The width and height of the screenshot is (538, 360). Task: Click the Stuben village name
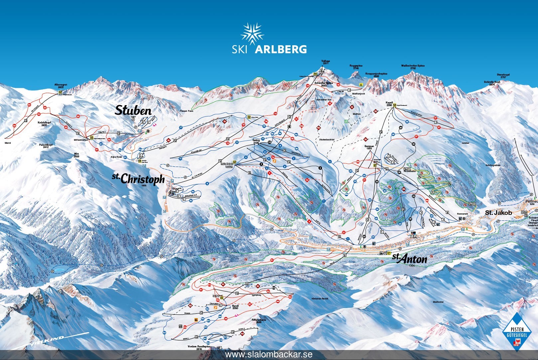pos(133,110)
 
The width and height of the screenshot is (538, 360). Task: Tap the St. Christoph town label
pos(138,179)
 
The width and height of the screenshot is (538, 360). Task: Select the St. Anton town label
pos(409,258)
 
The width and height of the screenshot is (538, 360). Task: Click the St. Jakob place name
pos(498,212)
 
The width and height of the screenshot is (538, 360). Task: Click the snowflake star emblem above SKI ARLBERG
pos(252,33)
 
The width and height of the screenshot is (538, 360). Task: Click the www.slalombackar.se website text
pos(269,355)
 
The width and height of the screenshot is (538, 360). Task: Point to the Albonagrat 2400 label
pos(61,86)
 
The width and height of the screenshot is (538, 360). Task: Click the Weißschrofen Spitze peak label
pos(413,67)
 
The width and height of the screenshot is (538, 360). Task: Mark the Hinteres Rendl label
pos(320,299)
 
